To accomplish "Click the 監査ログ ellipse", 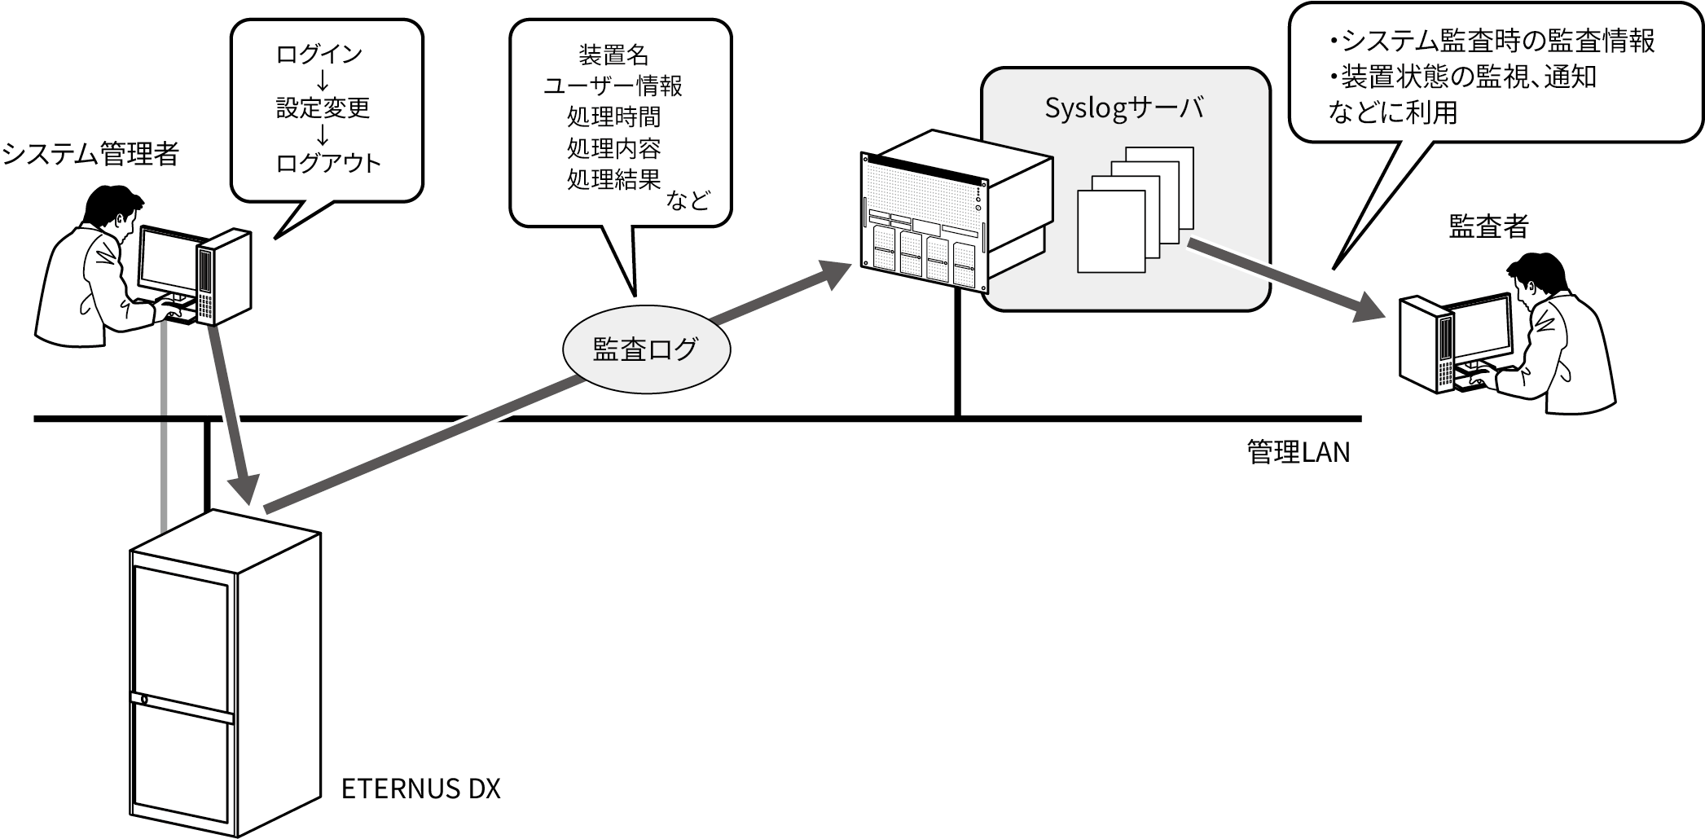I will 646,349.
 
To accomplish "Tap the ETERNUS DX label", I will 420,788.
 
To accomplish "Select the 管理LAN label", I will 1298,452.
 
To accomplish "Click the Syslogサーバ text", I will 1123,109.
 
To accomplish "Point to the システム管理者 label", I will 90,153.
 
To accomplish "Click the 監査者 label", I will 1488,226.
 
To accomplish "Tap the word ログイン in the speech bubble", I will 319,55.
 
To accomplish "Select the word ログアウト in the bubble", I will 328,163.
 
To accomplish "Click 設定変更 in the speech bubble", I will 323,108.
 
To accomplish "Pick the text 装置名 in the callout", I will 613,55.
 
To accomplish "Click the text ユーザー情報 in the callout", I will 613,86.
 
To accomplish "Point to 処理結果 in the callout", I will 613,179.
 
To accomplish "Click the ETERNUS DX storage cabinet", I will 223,676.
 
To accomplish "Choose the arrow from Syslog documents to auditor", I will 1287,279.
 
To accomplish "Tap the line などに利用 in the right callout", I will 1392,112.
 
